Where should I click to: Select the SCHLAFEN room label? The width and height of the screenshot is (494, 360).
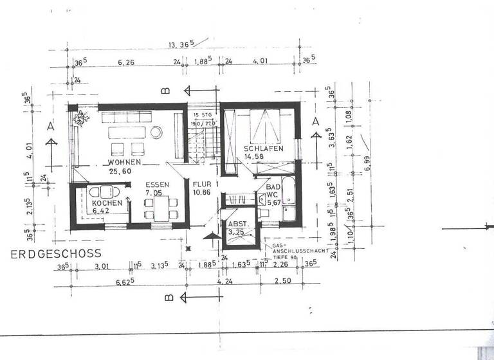[x=263, y=149]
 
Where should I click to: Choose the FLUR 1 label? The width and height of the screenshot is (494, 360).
[x=206, y=184]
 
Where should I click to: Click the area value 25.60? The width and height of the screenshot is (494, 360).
[x=120, y=172]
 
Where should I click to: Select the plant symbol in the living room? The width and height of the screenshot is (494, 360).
[x=82, y=118]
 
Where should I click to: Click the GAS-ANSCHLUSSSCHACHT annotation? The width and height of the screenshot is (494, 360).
[x=297, y=249]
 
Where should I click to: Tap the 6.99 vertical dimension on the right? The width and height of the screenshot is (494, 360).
[x=367, y=154]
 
